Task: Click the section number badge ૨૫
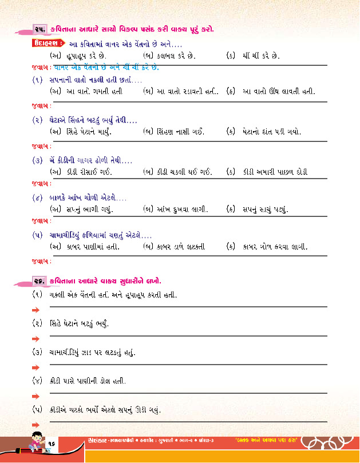point(38,29)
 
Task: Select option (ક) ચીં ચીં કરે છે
point(252,56)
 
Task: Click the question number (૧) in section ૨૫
point(38,80)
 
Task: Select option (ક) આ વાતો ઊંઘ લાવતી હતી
point(271,92)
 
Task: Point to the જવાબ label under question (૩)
point(39,184)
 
